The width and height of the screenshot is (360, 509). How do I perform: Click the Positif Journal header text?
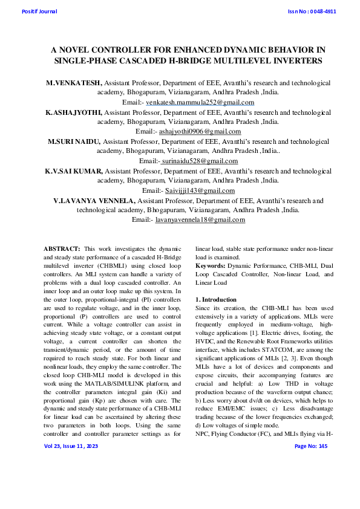pyautogui.click(x=39, y=11)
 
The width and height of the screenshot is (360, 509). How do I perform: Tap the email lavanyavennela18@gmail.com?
pyautogui.click(x=200, y=219)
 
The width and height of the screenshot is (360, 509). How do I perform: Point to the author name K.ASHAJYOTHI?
pyautogui.click(x=74, y=112)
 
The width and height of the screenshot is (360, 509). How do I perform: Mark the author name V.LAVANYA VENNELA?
pyautogui.click(x=94, y=200)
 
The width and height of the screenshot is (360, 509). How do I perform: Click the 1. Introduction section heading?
pyautogui.click(x=216, y=300)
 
